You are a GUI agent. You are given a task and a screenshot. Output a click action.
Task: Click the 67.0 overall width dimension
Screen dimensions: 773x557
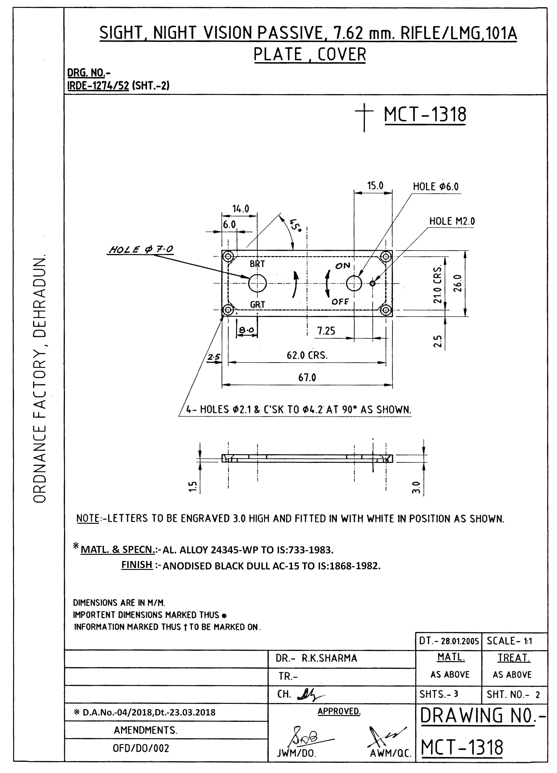pyautogui.click(x=307, y=378)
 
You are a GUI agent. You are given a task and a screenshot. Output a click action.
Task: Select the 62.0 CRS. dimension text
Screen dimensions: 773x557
pyautogui.click(x=307, y=355)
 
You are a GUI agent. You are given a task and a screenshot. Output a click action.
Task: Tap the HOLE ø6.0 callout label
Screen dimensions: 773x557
pyautogui.click(x=435, y=187)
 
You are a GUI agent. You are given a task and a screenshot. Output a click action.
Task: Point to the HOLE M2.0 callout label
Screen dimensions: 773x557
pyautogui.click(x=452, y=221)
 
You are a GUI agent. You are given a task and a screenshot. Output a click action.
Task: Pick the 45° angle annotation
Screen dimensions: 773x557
pyautogui.click(x=295, y=225)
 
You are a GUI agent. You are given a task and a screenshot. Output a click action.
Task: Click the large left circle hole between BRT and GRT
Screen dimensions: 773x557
pyautogui.click(x=257, y=283)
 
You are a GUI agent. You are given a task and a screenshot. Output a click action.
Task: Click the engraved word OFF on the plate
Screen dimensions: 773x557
pyautogui.click(x=340, y=302)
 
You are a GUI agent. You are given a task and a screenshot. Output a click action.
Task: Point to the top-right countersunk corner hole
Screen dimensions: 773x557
pyautogui.click(x=386, y=256)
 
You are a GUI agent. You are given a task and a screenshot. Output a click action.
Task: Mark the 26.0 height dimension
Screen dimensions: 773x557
pyautogui.click(x=458, y=283)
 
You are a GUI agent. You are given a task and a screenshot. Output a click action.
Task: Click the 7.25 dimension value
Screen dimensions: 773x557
pyautogui.click(x=326, y=331)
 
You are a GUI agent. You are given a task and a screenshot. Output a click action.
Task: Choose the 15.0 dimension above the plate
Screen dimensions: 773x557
pyautogui.click(x=375, y=186)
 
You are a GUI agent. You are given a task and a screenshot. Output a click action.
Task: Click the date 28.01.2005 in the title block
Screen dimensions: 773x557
pyautogui.click(x=460, y=641)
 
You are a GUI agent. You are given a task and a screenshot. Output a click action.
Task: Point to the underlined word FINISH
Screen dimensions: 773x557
pyautogui.click(x=137, y=565)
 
